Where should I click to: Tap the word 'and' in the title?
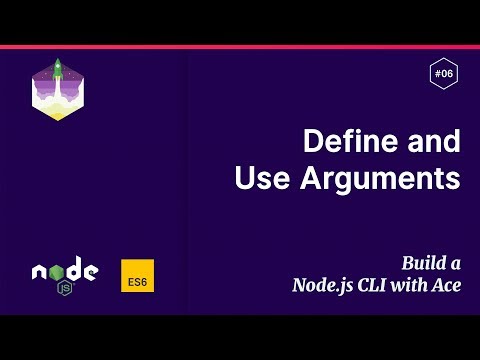[x=434, y=141]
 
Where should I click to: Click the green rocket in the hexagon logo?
[x=58, y=69]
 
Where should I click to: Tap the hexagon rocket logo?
[x=57, y=89]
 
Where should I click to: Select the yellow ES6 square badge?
[x=137, y=277]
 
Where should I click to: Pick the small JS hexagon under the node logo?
[x=64, y=288]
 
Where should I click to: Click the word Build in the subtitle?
[x=423, y=264]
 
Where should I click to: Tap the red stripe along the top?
[x=240, y=47]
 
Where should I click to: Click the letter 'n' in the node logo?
[x=40, y=272]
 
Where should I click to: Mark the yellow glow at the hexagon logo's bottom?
[x=57, y=113]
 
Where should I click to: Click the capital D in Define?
[x=312, y=141]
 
